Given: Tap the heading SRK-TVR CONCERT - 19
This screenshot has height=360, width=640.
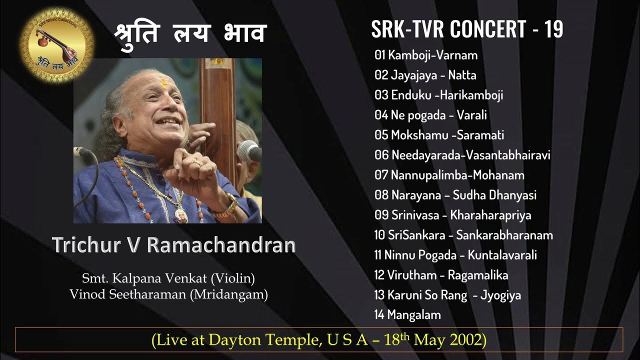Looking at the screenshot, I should coord(467,29).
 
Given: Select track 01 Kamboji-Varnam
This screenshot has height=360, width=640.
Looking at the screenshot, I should coord(426,55).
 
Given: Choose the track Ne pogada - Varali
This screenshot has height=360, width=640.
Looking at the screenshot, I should coord(430,115).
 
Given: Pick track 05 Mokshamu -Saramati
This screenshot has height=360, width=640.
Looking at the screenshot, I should coord(439,135).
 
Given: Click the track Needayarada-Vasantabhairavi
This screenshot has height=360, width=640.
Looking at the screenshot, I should coord(462,155).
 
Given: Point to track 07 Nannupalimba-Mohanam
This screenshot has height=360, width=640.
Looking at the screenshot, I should coord(449,175).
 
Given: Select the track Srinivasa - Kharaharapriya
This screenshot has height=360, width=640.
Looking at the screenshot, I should coord(452,215).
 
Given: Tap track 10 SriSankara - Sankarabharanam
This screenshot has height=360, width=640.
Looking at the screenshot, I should coord(463,235).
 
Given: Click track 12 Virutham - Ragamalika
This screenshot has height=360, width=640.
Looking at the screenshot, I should coord(441,275).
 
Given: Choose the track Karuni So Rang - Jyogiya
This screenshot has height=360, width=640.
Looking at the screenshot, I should coord(447,295).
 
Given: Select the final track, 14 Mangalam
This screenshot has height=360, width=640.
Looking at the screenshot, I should coord(407,314).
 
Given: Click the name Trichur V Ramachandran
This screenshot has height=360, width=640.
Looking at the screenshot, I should coord(174,245).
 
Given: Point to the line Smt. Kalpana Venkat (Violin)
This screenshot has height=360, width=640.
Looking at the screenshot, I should coord(168,277).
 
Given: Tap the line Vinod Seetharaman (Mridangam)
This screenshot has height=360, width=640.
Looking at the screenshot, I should coord(168,294).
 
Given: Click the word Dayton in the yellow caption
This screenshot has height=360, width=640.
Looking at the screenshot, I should coord(235,340).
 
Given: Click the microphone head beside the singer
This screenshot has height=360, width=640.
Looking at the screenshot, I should coord(248,150).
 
